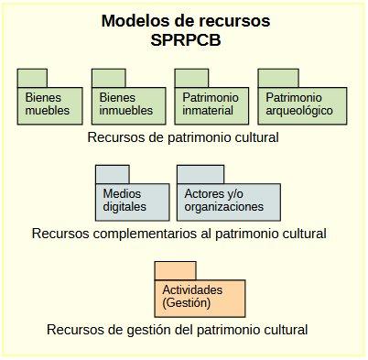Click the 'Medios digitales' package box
tap(132, 201)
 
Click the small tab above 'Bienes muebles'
tap(32, 78)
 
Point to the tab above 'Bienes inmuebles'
tap(106, 78)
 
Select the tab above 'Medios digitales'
tap(112, 173)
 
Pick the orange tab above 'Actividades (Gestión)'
tap(175, 269)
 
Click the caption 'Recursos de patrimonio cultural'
tap(183, 137)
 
